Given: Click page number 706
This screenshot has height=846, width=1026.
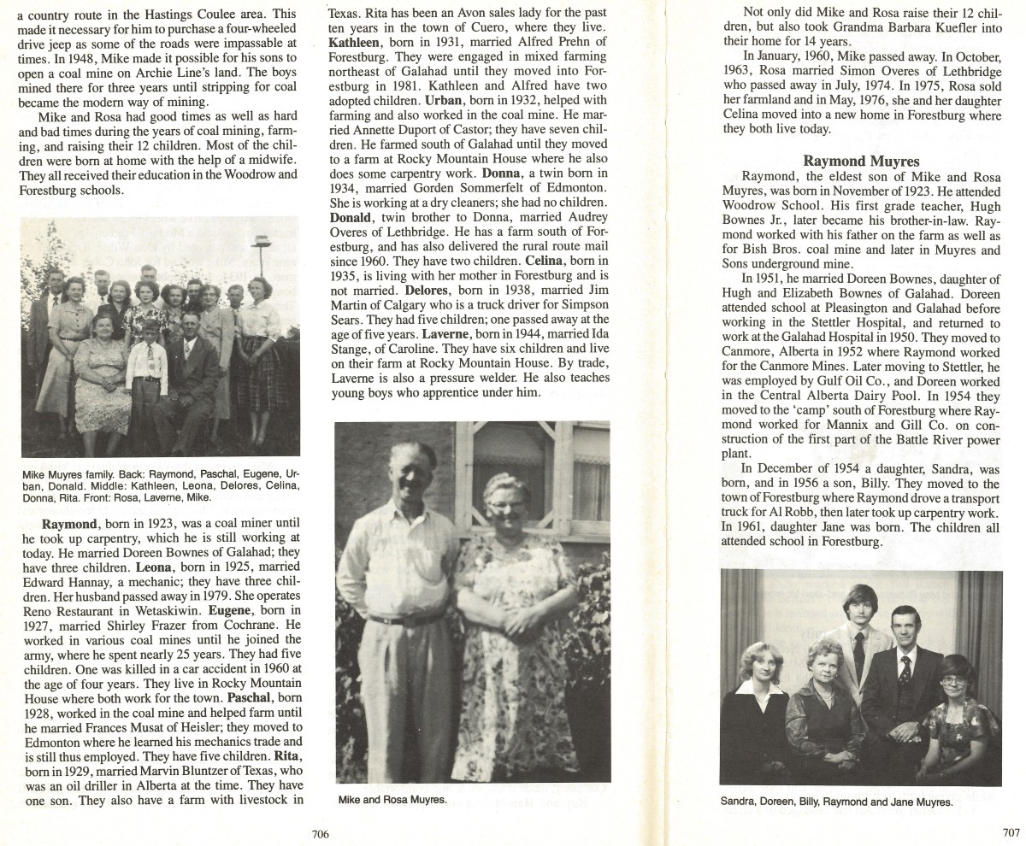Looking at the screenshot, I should click(x=321, y=833).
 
